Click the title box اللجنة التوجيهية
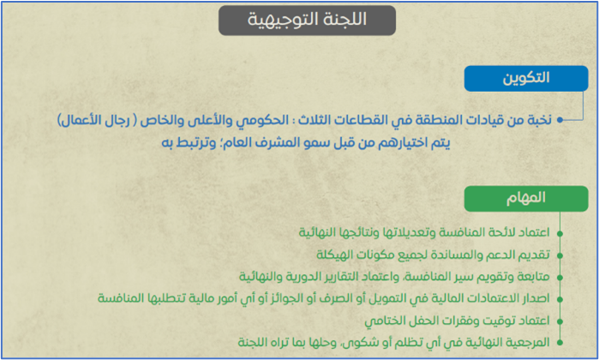307,21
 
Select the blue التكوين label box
526,78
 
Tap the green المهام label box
526,199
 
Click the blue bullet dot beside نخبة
560,120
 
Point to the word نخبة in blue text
538,120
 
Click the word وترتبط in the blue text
196,143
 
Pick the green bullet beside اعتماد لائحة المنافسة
560,233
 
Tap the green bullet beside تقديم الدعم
560,255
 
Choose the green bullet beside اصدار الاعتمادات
560,299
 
